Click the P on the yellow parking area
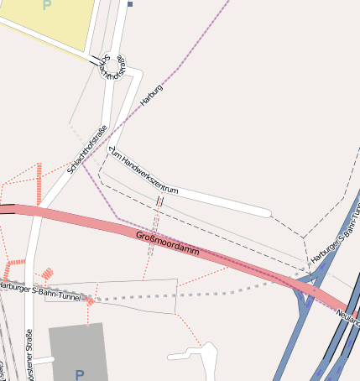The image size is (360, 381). pos(46,5)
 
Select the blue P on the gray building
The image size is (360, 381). pos(80,374)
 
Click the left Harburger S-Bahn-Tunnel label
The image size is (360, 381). pos(40,292)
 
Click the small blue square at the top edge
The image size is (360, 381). pos(131,3)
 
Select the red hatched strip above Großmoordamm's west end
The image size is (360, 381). pos(39,183)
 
